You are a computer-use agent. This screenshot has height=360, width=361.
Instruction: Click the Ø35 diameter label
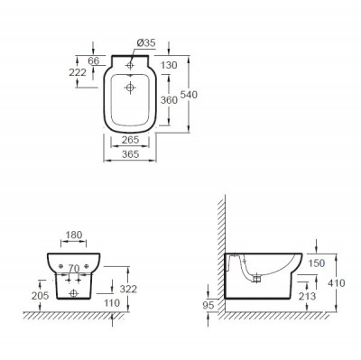[146, 43]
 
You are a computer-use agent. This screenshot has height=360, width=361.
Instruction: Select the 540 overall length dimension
[189, 95]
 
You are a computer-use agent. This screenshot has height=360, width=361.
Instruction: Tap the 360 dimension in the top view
[169, 100]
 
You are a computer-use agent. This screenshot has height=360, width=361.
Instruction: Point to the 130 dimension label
[169, 65]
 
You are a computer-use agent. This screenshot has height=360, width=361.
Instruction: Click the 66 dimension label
[94, 60]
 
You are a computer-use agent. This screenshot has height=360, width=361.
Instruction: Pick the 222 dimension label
[78, 72]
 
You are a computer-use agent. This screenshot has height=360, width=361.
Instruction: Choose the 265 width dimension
[131, 140]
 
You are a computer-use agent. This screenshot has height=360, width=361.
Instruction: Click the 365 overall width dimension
[131, 154]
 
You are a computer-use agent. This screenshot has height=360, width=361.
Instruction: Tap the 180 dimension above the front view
[74, 235]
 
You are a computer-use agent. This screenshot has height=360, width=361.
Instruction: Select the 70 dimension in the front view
[73, 268]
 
